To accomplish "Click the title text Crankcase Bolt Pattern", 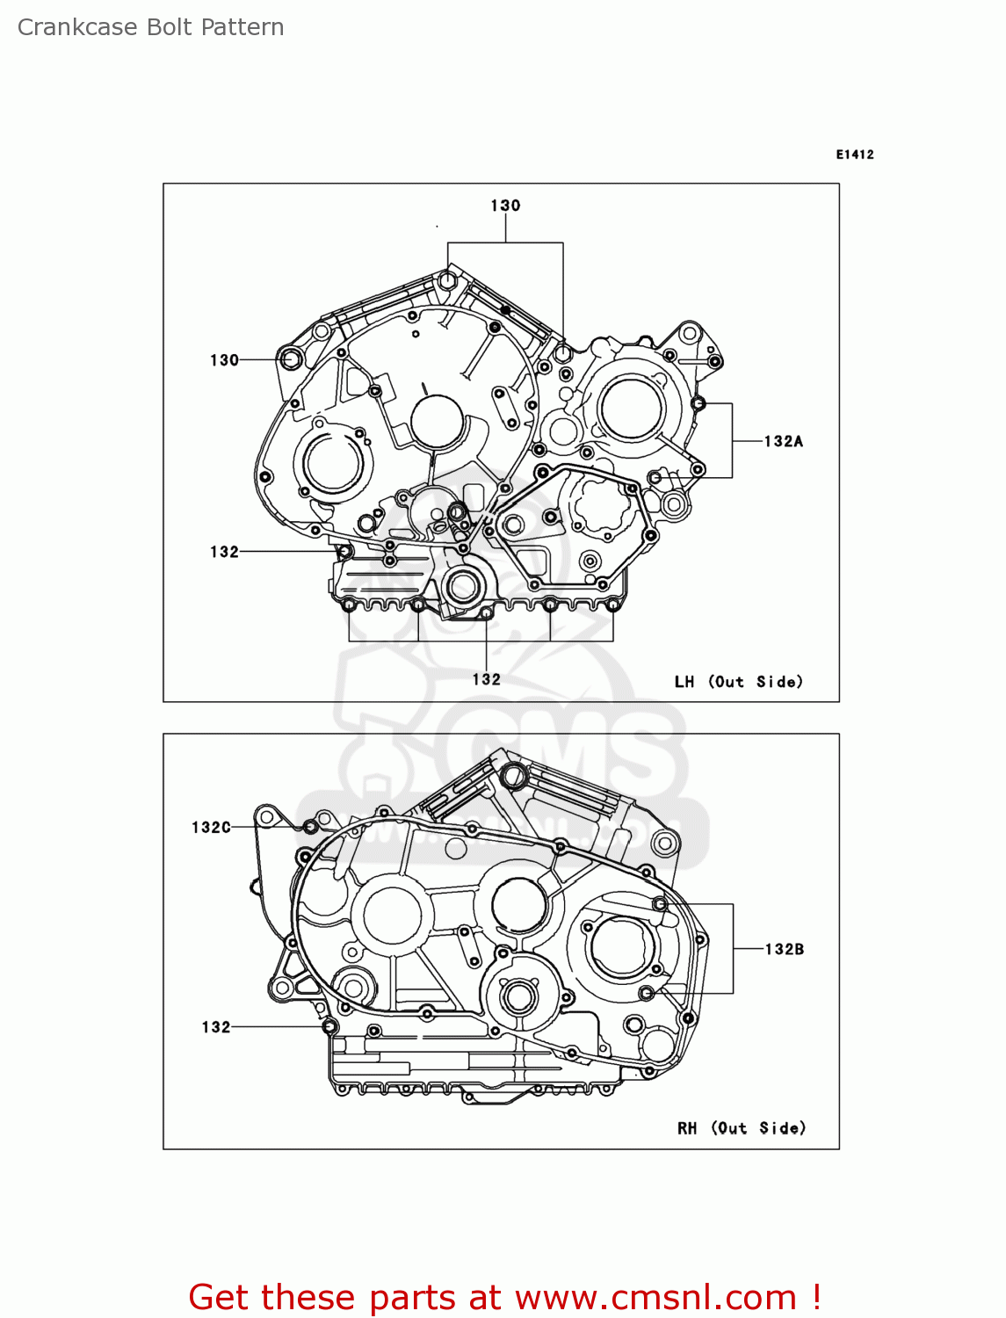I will [150, 27].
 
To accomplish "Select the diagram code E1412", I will [854, 155].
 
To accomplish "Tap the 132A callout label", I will [783, 441].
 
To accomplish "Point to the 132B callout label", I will [784, 949].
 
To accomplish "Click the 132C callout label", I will [211, 827].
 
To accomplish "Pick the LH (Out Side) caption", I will [738, 682].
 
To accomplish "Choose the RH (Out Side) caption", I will [741, 1128].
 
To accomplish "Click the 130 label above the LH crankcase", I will [505, 206].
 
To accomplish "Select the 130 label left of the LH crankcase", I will [224, 360].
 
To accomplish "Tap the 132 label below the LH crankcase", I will [486, 679].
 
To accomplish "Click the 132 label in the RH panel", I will [216, 1027].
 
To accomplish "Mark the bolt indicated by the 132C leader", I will [310, 827].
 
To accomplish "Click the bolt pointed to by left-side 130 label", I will [290, 358].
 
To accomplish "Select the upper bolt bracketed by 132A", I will [698, 404].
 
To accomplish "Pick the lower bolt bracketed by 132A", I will [655, 477].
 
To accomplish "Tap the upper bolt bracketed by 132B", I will [660, 904].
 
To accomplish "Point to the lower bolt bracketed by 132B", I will [647, 993].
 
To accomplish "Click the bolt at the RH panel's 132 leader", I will [329, 1026].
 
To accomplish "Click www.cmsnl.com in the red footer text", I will [655, 1297].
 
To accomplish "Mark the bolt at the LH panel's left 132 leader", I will [345, 552].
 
